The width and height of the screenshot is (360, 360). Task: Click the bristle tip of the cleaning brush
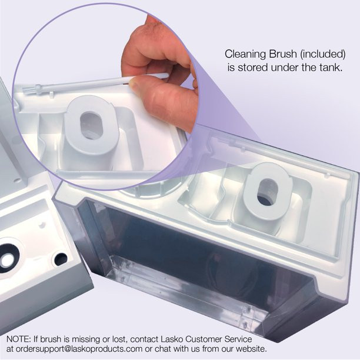pyautogui.click(x=29, y=89)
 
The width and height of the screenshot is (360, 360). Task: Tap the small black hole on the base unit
pyautogui.click(x=60, y=259)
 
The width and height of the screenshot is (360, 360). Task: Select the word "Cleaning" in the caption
pyautogui.click(x=245, y=55)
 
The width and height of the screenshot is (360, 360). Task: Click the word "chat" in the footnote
pyautogui.click(x=163, y=349)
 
